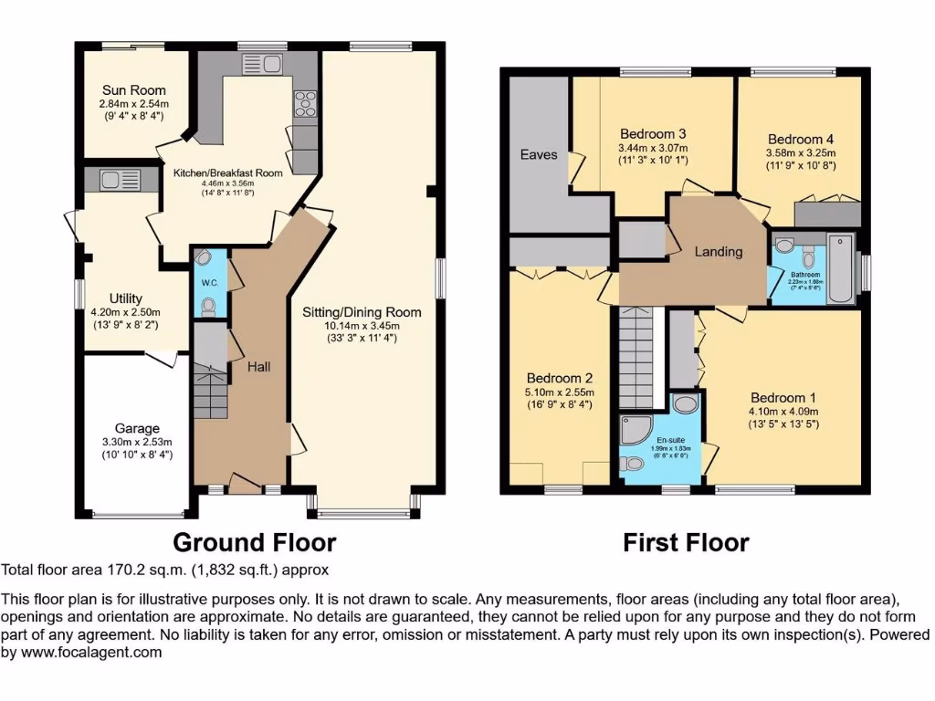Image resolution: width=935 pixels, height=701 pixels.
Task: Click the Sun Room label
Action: (x=133, y=90)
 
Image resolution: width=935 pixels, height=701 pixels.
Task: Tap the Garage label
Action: (x=137, y=428)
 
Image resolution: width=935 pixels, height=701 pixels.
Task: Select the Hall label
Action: (x=257, y=366)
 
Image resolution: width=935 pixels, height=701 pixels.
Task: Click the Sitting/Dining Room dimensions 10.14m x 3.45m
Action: (x=362, y=327)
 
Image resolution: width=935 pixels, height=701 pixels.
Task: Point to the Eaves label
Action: (x=539, y=154)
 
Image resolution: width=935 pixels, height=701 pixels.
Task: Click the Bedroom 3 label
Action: (x=652, y=134)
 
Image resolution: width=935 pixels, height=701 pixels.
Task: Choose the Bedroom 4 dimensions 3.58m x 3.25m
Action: (x=800, y=152)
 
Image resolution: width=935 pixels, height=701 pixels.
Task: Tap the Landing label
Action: (x=719, y=252)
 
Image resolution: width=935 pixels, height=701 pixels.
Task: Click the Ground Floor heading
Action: (x=254, y=543)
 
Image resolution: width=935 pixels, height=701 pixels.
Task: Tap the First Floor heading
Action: (x=686, y=543)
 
